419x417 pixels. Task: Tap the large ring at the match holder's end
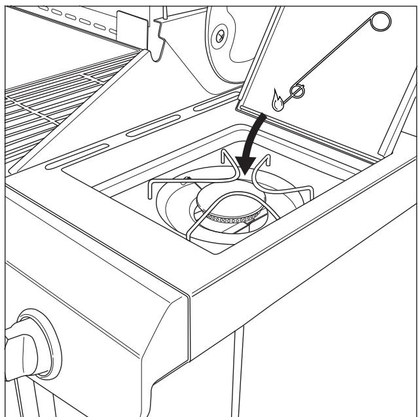tap(378, 22)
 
